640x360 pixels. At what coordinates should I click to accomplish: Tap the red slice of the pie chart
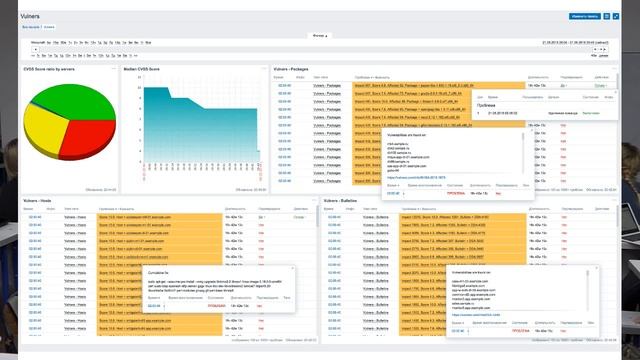point(84,132)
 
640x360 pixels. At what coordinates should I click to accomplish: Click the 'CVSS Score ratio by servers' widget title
point(49,69)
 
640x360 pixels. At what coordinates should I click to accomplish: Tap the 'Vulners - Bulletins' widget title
point(342,201)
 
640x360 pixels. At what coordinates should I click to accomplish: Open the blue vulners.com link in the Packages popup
point(419,175)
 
